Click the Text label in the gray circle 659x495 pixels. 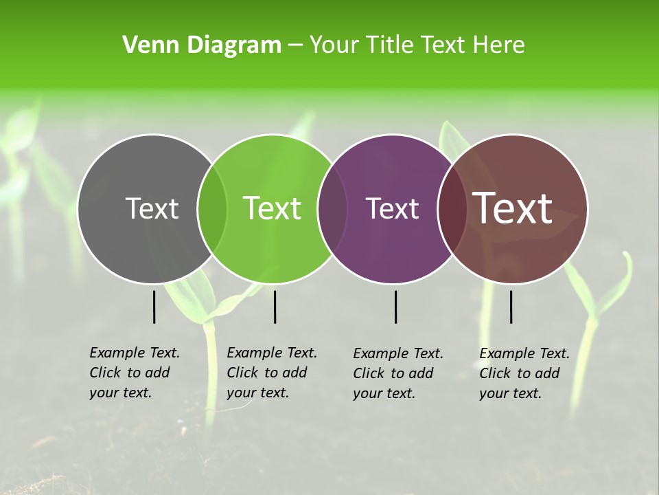[152, 208]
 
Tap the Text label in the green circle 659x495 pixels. [273, 208]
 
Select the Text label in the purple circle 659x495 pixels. [393, 208]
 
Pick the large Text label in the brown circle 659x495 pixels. [513, 208]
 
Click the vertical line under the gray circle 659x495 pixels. [154, 307]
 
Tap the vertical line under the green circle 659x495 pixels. [275, 307]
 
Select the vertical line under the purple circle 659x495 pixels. [395, 307]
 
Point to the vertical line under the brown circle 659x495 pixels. [511, 307]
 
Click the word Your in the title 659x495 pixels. [333, 45]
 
